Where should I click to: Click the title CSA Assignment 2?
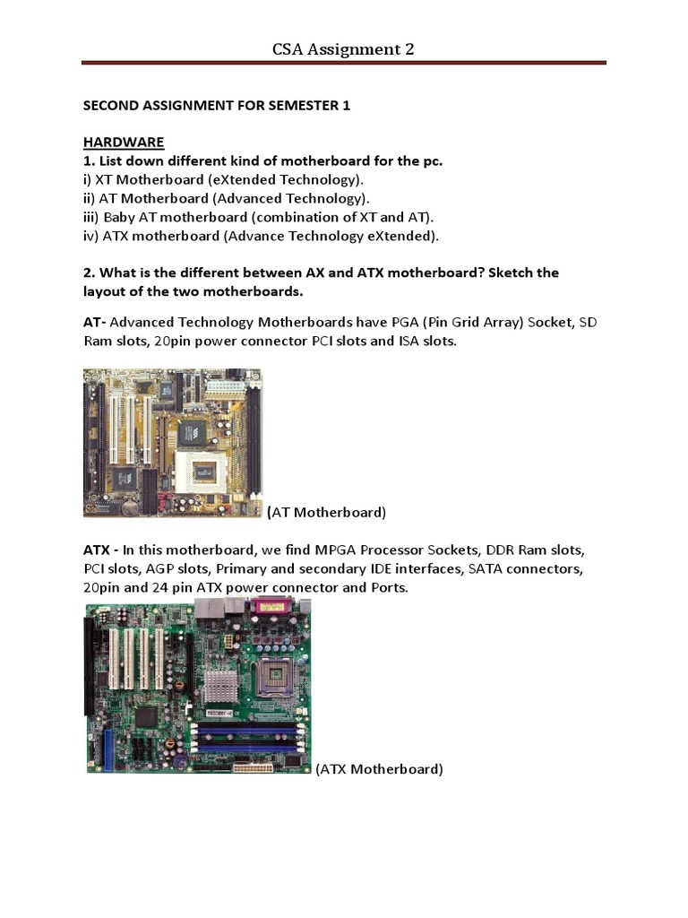pyautogui.click(x=343, y=48)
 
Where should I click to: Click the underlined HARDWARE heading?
pyautogui.click(x=124, y=143)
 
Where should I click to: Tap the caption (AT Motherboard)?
pyautogui.click(x=327, y=513)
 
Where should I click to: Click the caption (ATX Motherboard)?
pyautogui.click(x=379, y=769)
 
